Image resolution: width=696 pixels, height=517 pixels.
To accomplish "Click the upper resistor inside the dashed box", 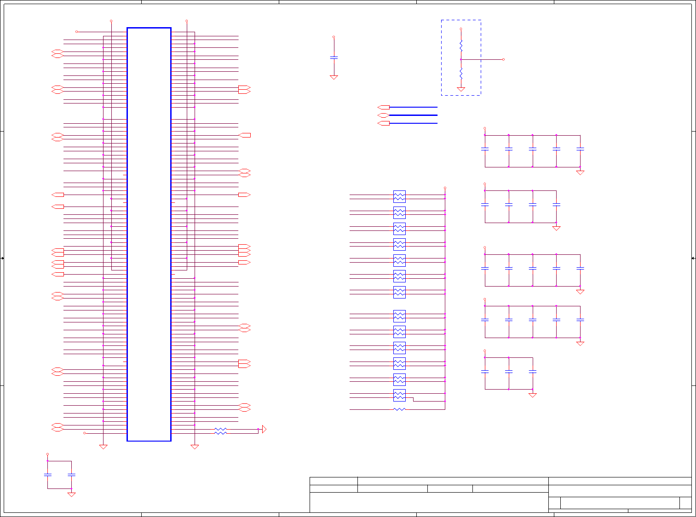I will tap(461, 45).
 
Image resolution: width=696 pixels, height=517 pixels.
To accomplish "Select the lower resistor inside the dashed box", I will tap(461, 74).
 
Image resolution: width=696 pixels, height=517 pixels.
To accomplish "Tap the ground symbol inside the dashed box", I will tap(461, 89).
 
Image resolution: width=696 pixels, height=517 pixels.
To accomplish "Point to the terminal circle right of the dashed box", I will tap(503, 59).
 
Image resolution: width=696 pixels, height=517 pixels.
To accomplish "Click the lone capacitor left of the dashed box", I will tap(334, 57).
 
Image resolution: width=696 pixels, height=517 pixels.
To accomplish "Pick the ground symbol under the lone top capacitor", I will tap(334, 77).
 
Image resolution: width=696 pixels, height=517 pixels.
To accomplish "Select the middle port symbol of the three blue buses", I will tap(383, 115).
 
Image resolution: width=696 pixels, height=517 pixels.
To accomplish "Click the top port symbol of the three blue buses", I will tap(383, 107).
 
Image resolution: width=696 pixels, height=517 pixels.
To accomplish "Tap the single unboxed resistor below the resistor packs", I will tap(399, 409).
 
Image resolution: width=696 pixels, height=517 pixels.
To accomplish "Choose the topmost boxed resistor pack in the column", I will tap(399, 196).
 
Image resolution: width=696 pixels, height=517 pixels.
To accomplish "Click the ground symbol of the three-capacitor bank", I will tap(533, 395).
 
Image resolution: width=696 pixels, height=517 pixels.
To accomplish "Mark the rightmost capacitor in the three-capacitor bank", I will tap(533, 371).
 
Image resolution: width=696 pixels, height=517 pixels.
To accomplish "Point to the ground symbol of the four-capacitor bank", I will tap(557, 228).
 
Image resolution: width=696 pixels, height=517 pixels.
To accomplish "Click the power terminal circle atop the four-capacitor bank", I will tap(485, 184).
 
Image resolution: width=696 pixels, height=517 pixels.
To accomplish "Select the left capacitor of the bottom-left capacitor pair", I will tap(47, 474).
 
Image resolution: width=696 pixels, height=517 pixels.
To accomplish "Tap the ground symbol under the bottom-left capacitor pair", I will tap(71, 494).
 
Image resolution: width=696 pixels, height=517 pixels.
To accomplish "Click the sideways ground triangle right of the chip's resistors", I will tap(264, 429).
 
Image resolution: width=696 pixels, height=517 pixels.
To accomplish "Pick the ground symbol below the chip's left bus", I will tap(104, 447).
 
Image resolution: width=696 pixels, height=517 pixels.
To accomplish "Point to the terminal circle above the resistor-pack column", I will tap(445, 188).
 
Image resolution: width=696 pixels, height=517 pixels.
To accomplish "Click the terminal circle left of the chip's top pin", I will tap(77, 32).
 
